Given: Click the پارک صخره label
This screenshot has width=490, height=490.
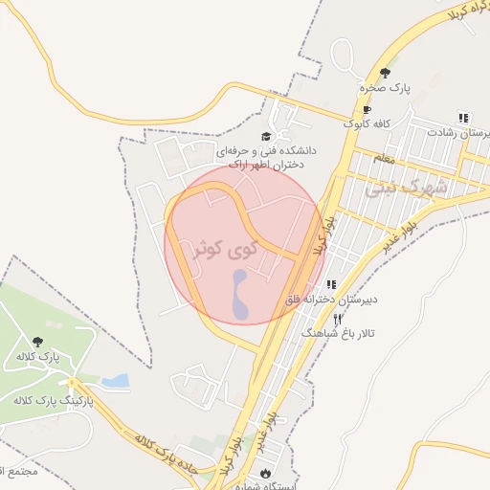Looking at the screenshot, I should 385,88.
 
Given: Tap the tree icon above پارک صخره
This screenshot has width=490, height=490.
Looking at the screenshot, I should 385,73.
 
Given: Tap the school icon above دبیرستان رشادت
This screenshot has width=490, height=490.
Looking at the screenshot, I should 463,118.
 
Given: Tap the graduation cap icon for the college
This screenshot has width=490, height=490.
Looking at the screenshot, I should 265,136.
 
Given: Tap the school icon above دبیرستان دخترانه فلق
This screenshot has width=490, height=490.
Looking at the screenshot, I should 332,284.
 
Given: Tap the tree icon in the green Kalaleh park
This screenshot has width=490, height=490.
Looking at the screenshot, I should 37,342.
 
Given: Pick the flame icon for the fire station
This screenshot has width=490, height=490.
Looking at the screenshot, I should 265,473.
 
